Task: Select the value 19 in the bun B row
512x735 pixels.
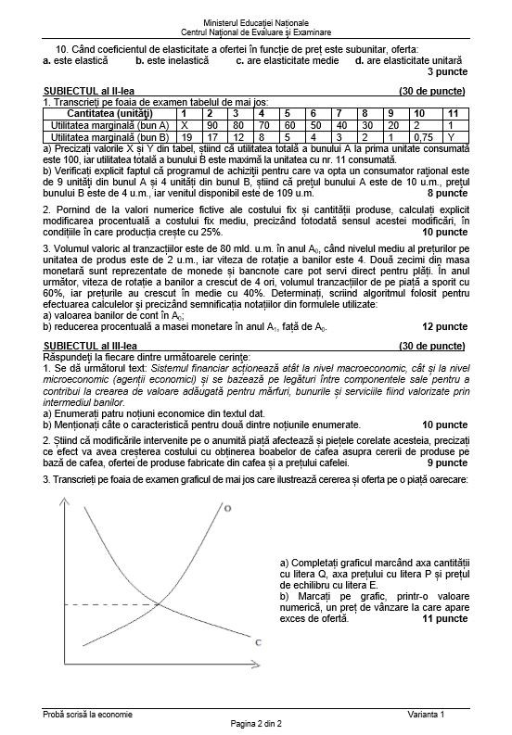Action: [185, 135]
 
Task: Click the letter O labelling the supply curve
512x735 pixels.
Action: [227, 509]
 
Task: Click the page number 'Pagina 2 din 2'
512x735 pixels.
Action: [255, 723]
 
